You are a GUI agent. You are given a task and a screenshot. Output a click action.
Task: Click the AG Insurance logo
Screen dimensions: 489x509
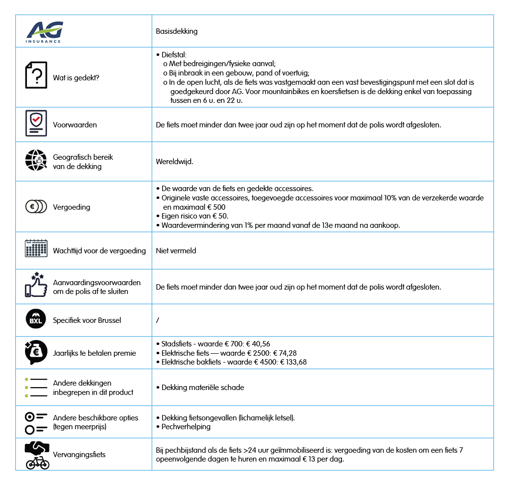click(x=45, y=31)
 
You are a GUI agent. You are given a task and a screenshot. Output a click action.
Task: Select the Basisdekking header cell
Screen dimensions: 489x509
click(x=177, y=31)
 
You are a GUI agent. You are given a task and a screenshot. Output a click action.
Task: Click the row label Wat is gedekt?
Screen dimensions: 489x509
click(x=76, y=77)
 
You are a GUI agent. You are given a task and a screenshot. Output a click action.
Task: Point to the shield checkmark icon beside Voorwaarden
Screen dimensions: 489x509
click(x=36, y=123)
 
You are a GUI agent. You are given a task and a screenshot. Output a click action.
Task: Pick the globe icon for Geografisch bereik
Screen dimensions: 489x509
click(x=36, y=160)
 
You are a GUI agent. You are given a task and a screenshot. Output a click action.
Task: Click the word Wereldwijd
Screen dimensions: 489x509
click(x=174, y=161)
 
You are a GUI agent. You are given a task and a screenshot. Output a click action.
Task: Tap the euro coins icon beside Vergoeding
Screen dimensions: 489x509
click(x=36, y=207)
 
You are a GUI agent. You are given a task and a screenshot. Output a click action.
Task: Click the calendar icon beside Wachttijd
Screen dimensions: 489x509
click(x=36, y=248)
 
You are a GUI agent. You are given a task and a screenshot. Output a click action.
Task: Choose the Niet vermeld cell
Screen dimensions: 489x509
click(x=176, y=250)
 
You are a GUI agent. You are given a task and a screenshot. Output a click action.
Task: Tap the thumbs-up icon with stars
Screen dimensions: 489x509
click(x=36, y=285)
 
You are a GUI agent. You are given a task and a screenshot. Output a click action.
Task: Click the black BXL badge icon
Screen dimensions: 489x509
click(x=36, y=320)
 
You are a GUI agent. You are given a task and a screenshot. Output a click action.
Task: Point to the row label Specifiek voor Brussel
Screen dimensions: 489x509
click(x=87, y=320)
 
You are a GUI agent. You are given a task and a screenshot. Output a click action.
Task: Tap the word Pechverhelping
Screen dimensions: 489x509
click(x=186, y=427)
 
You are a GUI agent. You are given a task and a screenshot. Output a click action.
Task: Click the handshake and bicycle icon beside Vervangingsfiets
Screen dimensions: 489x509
click(x=37, y=455)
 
